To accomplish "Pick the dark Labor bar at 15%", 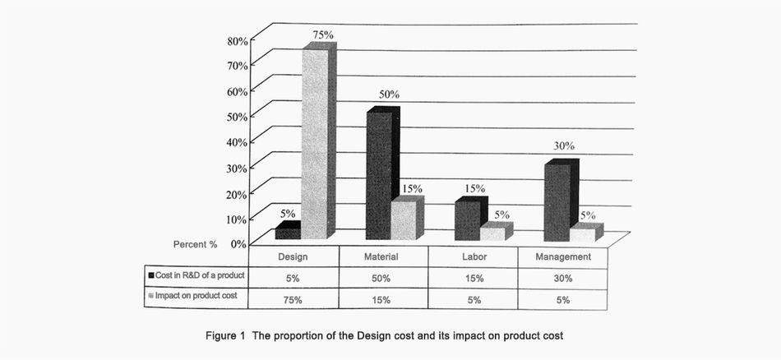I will pyautogui.click(x=468, y=219).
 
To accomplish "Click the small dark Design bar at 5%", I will pyautogui.click(x=289, y=233).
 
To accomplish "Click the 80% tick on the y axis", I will pyautogui.click(x=236, y=40).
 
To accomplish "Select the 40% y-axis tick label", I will pyautogui.click(x=236, y=141).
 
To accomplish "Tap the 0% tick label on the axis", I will pyautogui.click(x=238, y=243).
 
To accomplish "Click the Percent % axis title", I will pyautogui.click(x=195, y=244).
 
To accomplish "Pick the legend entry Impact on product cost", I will pyautogui.click(x=196, y=295).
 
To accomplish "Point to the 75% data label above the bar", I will pyautogui.click(x=322, y=35).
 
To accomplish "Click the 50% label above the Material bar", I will pyautogui.click(x=389, y=95).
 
